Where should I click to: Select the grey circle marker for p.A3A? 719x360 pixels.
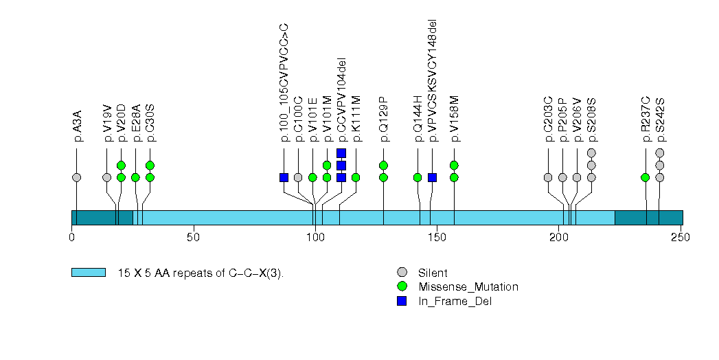click(77, 177)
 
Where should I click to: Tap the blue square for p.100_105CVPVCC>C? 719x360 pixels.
click(284, 177)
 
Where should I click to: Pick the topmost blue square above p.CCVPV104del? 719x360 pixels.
click(341, 153)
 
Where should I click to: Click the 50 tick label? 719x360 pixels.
click(193, 238)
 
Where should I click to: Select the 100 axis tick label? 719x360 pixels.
click(315, 238)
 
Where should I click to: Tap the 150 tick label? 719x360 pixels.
click(437, 238)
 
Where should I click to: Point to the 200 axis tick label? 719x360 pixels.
click(558, 238)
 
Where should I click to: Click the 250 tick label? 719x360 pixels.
click(680, 238)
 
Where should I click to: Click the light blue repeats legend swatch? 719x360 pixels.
click(89, 273)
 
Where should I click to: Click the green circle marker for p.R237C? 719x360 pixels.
click(646, 177)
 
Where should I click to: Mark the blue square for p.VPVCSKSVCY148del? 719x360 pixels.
click(433, 177)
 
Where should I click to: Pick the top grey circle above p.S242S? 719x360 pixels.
click(660, 153)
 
